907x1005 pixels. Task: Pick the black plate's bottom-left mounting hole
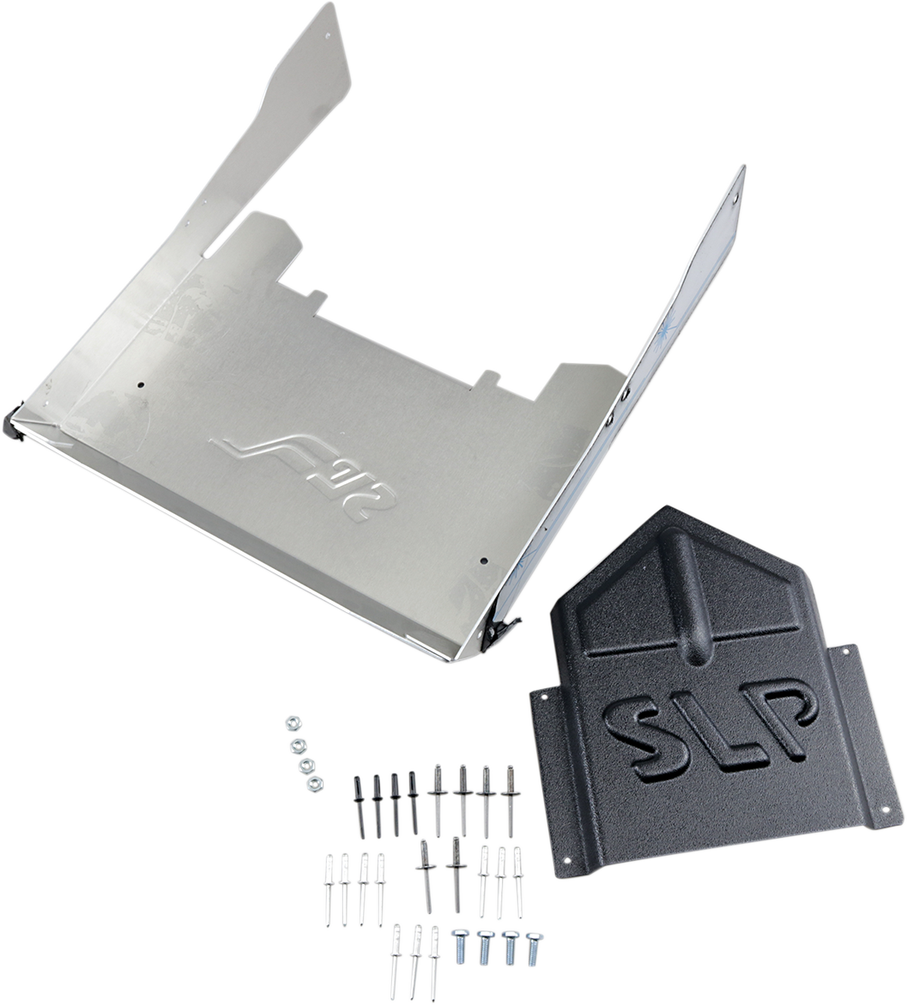point(565,860)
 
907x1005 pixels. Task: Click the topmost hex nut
point(290,723)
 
